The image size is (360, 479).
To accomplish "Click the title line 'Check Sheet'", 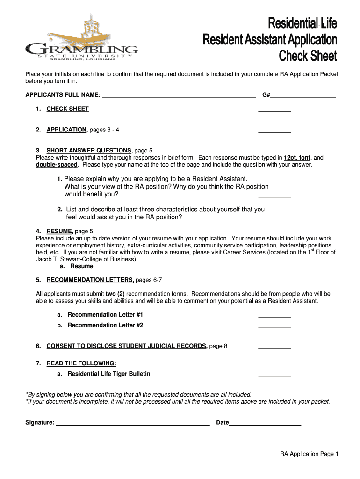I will (x=308, y=56).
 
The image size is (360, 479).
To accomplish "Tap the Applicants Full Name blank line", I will (x=179, y=96).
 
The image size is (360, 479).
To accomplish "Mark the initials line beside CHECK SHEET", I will (x=274, y=110).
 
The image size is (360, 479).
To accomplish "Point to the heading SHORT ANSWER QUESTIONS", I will (x=89, y=151).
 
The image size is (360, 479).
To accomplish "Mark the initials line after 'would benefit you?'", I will (x=274, y=196).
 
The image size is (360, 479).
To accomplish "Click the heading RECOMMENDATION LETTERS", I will (x=90, y=280).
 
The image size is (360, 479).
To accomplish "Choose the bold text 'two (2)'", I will (x=117, y=294).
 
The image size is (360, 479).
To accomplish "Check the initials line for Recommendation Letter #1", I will (x=274, y=316).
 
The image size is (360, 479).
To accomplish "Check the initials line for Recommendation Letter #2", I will (x=274, y=327).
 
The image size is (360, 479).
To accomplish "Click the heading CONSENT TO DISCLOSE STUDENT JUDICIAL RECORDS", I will (x=127, y=346).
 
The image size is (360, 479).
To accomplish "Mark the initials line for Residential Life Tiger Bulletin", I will (x=274, y=375).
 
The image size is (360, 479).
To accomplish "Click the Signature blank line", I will (x=132, y=424).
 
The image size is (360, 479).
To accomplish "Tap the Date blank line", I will (x=265, y=424).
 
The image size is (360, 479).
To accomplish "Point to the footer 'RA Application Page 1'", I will (x=309, y=454).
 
